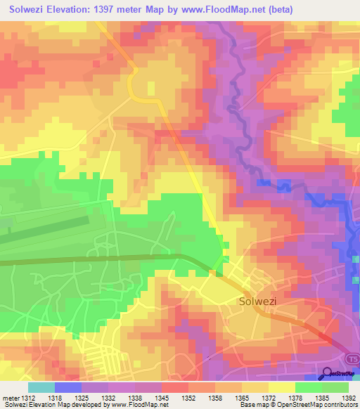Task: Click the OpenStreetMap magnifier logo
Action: point(328,372)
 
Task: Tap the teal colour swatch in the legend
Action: point(41,387)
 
